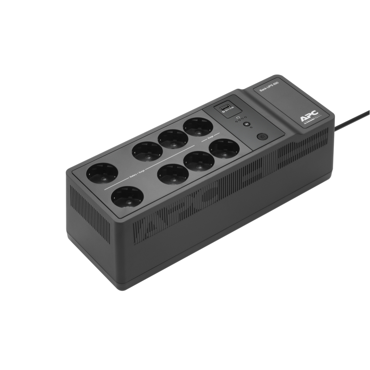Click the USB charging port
click(223, 107)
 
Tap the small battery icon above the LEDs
click(237, 117)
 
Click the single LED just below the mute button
click(250, 128)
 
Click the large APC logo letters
click(308, 116)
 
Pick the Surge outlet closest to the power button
click(224, 148)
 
